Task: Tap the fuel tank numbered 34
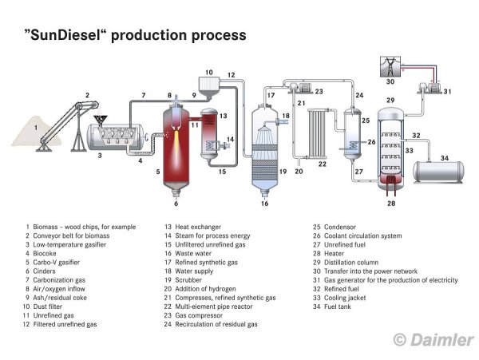(x=438, y=172)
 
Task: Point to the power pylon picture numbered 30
(x=390, y=66)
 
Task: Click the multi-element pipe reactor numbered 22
(x=318, y=133)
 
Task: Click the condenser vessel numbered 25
(x=353, y=134)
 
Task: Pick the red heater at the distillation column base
(x=390, y=184)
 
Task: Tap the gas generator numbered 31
(x=430, y=88)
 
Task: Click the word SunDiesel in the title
(x=65, y=35)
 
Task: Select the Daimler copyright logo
(x=433, y=339)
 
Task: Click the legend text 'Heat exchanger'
(x=198, y=227)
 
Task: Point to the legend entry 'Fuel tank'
(x=338, y=307)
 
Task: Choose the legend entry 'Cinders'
(x=44, y=271)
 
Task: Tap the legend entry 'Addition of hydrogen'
(x=206, y=289)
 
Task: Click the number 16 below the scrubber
(x=264, y=204)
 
